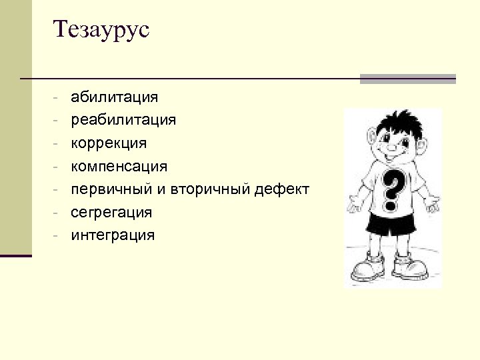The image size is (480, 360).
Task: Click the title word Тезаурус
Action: coord(102,30)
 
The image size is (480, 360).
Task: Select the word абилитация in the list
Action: coord(114,97)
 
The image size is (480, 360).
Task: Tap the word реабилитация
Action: coord(123,120)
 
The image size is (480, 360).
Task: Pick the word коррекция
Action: coord(109,143)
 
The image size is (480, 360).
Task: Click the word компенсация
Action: coord(119,165)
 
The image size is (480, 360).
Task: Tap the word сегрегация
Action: coord(111,212)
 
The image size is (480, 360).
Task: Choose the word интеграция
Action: coord(113,235)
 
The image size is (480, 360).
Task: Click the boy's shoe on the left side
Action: coord(367,267)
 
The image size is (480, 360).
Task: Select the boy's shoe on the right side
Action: coord(410,267)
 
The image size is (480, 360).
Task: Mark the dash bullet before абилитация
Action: coord(59,98)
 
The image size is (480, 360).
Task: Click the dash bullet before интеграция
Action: coord(59,235)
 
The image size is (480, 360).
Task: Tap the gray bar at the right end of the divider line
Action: coord(407,79)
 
